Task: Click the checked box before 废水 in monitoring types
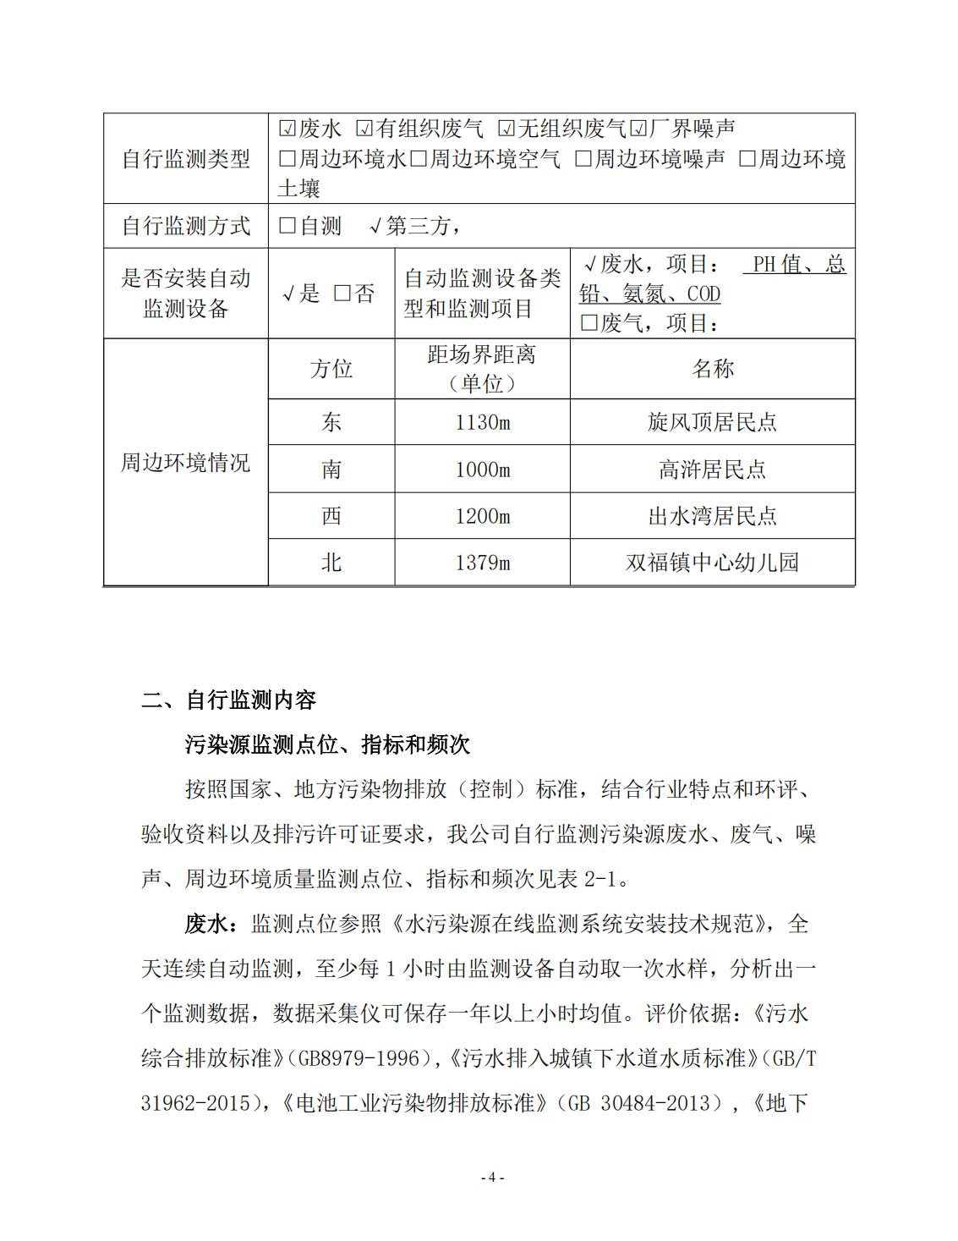tap(287, 129)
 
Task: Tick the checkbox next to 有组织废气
tap(364, 129)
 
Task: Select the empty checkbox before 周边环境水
tap(287, 159)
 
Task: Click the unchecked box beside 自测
tap(287, 226)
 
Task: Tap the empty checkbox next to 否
tap(342, 294)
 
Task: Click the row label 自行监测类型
tap(186, 159)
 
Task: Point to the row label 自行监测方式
tap(186, 226)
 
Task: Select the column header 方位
tap(331, 369)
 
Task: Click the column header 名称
tap(712, 369)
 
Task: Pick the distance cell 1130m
tap(482, 422)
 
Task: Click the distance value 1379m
tap(482, 563)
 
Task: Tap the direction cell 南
tap(331, 469)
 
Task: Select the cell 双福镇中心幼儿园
tap(712, 563)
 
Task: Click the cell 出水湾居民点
tap(712, 516)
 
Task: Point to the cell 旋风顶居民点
tap(712, 422)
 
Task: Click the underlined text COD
tap(703, 294)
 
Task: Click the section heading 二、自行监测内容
tap(228, 700)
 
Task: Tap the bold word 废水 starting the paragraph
tap(206, 924)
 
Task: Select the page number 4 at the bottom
tap(492, 1178)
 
